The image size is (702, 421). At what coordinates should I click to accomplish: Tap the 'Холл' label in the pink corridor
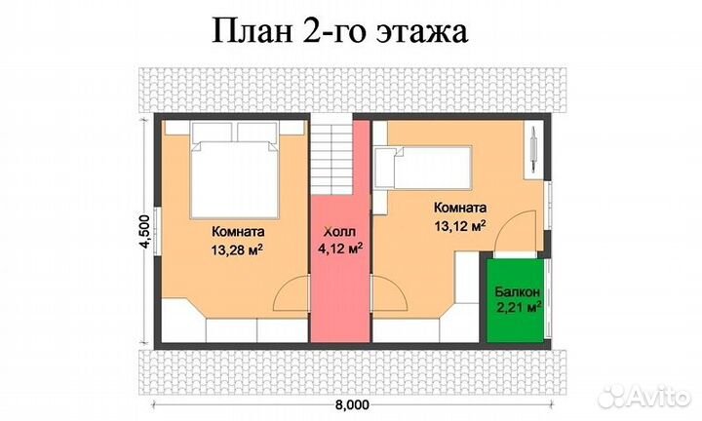340,233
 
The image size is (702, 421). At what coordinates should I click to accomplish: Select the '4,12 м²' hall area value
340,249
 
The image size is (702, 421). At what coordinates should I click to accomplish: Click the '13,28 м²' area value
239,250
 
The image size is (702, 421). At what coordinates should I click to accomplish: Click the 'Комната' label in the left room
238,233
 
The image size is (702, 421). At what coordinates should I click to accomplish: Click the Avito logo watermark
643,396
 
